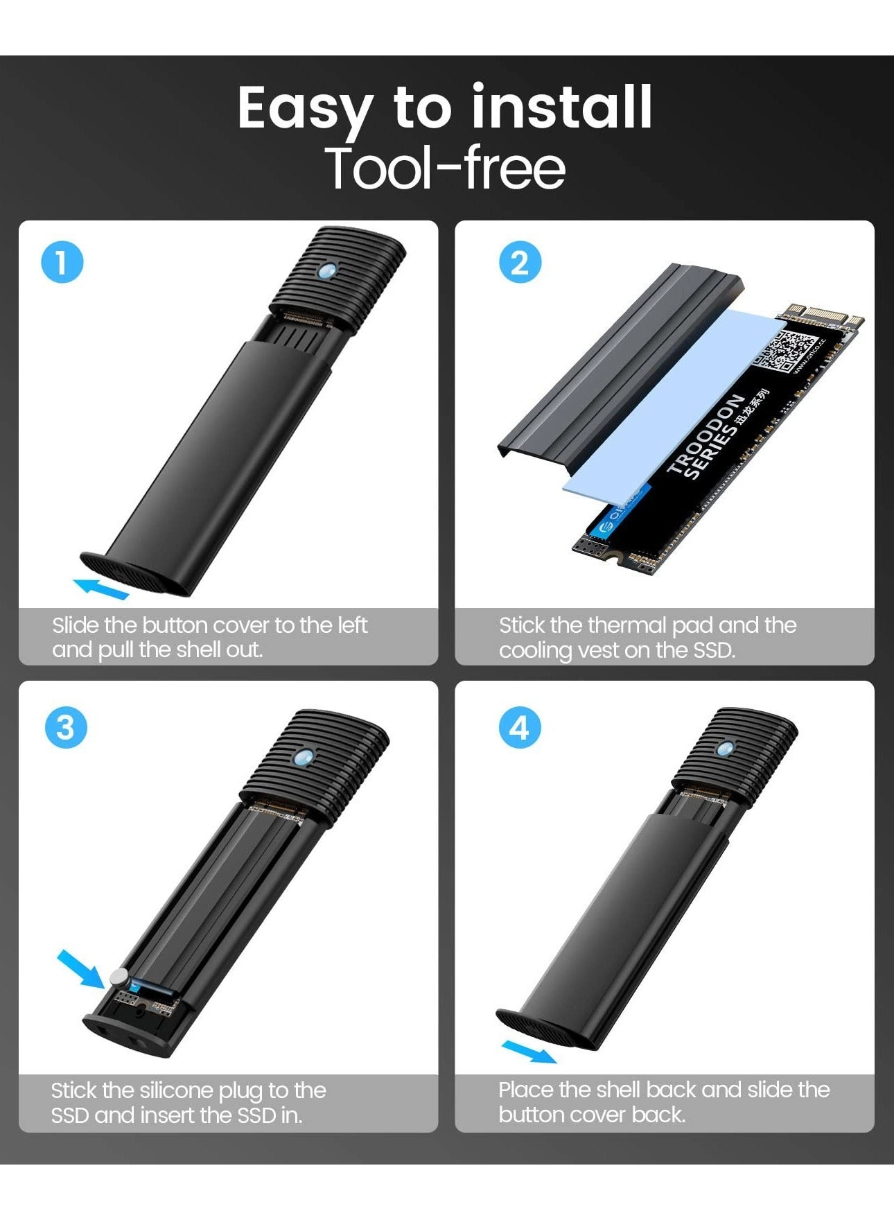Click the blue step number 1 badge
tap(62, 263)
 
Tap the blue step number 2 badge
tap(520, 263)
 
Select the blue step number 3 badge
tap(65, 728)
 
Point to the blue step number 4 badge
tap(520, 728)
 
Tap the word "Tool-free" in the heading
tap(446, 168)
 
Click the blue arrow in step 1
tap(101, 588)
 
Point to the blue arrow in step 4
tap(528, 1051)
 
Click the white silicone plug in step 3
tap(119, 977)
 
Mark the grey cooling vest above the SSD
tap(617, 360)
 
